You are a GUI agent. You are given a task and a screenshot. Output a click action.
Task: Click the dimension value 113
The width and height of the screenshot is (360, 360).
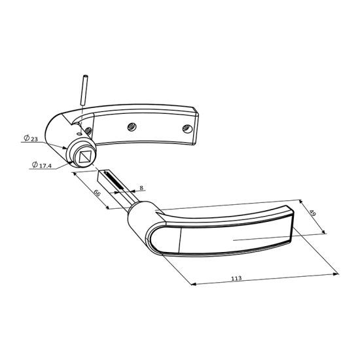point(236,278)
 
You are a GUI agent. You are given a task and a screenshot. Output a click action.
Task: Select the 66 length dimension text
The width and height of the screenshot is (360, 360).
point(97,194)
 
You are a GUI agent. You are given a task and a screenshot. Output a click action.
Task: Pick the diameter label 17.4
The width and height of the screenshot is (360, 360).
point(45,165)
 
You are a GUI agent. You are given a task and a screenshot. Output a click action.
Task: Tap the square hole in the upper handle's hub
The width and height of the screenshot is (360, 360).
point(84,156)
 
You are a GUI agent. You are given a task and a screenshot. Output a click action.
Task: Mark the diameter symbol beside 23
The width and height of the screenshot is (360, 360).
point(26,138)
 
